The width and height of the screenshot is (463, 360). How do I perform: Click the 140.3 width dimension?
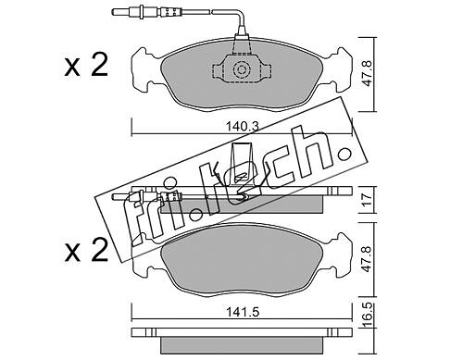click(x=243, y=126)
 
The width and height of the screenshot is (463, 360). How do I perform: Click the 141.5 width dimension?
click(x=243, y=312)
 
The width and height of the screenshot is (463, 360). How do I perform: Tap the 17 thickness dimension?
click(x=367, y=200)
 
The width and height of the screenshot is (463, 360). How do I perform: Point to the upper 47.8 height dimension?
click(x=368, y=74)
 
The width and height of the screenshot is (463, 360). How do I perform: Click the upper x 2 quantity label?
click(x=86, y=66)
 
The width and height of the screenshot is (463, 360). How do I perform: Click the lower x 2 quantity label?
click(x=86, y=251)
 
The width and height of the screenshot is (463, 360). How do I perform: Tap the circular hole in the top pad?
click(x=241, y=69)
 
